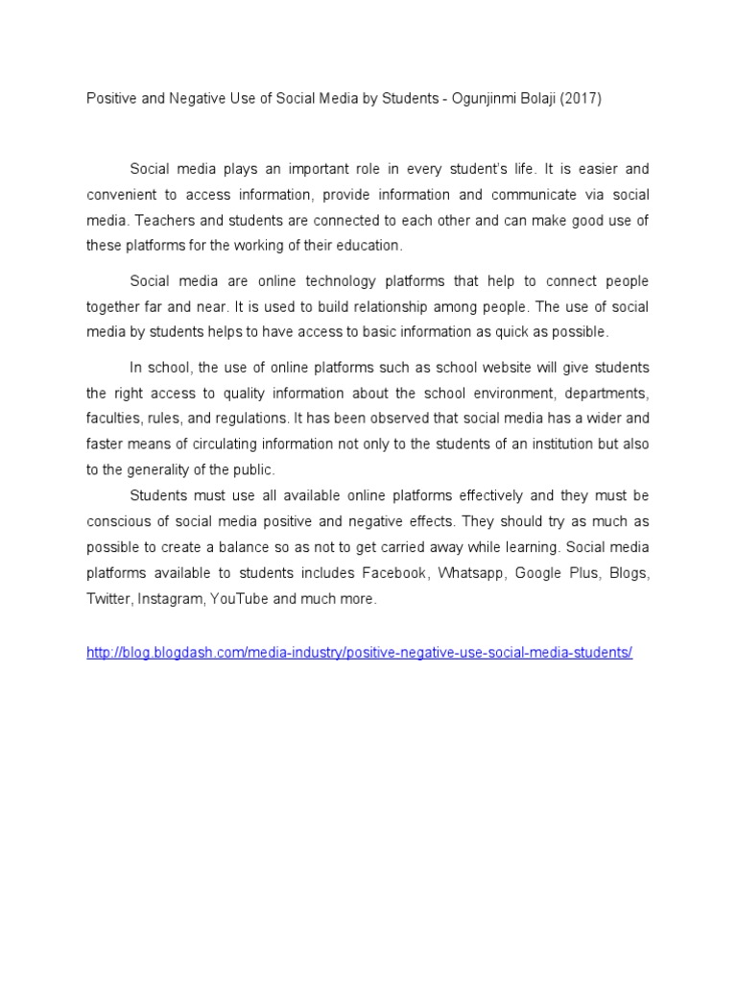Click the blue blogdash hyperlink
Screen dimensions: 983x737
pos(359,652)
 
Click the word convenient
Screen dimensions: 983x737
pos(124,194)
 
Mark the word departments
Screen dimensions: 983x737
pos(606,393)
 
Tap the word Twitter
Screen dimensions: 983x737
pos(107,599)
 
